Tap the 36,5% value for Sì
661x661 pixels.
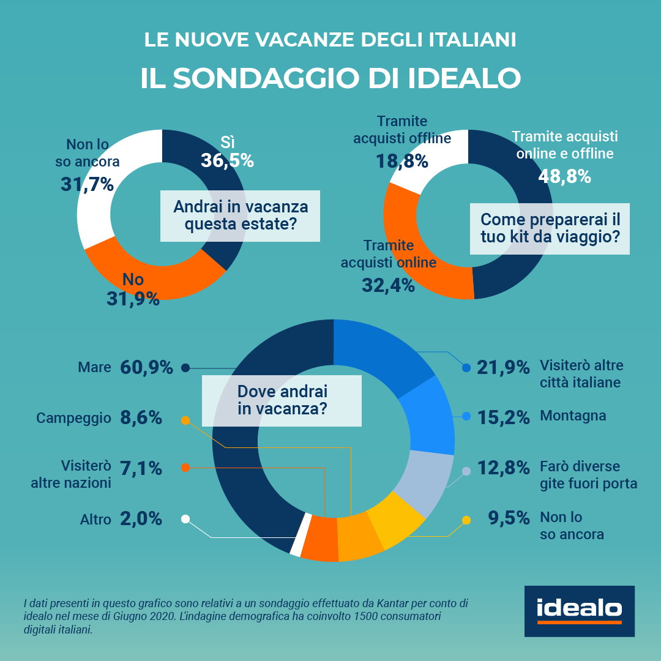click(227, 160)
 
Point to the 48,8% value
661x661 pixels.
click(564, 176)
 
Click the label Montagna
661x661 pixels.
click(573, 416)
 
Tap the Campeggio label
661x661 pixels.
click(73, 418)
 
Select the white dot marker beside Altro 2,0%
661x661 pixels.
click(185, 519)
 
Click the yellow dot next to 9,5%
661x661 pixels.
click(466, 520)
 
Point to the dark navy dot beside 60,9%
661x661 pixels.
click(185, 368)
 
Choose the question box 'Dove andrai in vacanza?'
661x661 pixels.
click(282, 400)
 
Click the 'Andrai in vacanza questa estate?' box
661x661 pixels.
click(240, 215)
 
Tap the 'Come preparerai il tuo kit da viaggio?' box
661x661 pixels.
click(550, 228)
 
